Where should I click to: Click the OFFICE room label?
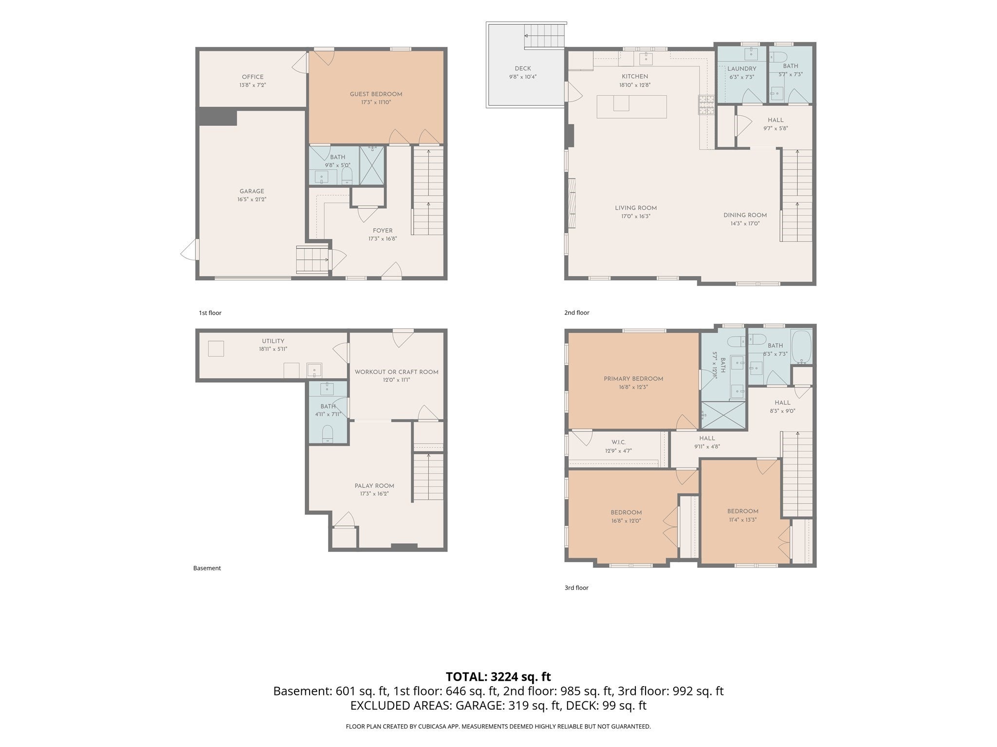[253, 77]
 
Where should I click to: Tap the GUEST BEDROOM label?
[376, 94]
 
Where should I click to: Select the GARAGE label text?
[252, 191]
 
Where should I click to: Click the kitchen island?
[632, 107]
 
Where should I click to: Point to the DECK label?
[523, 69]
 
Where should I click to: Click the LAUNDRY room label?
[742, 69]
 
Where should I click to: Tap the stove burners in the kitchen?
[706, 105]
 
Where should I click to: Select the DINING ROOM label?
[745, 215]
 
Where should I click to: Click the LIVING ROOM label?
[636, 208]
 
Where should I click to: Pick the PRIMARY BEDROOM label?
[633, 379]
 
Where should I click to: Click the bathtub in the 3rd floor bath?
[801, 347]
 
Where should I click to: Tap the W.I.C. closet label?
[619, 442]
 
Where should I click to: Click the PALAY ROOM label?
[374, 485]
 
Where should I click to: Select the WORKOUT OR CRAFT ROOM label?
[396, 372]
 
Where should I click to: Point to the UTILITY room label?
[273, 341]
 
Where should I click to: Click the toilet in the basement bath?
[328, 432]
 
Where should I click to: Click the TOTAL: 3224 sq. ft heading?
[498, 676]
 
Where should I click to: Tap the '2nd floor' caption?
[577, 313]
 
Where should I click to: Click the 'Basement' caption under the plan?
[207, 568]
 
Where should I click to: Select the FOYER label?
[383, 231]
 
